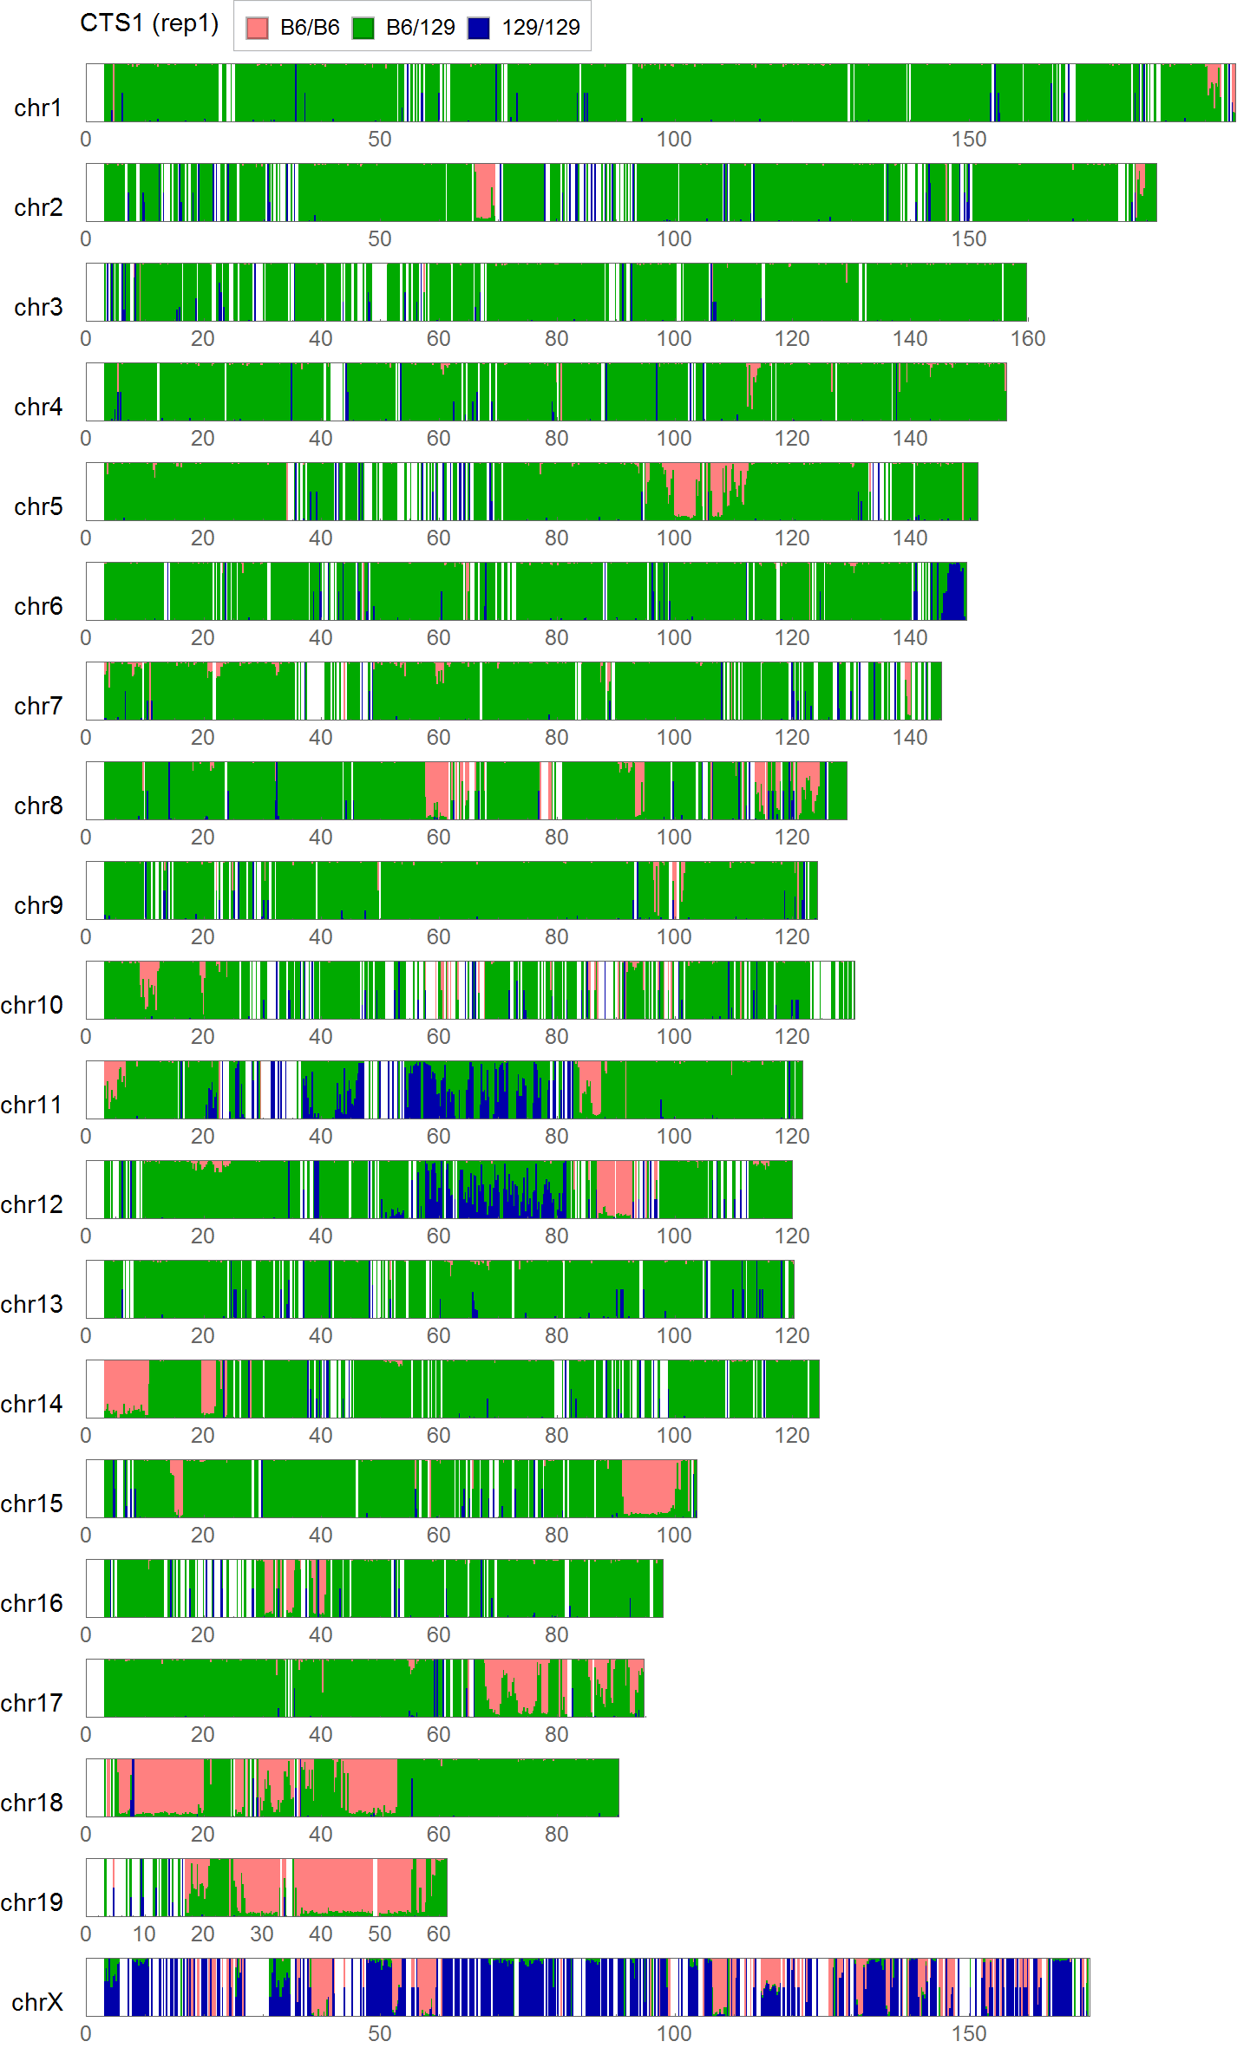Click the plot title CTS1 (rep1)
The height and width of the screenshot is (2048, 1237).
click(149, 23)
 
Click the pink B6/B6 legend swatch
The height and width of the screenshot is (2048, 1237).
click(258, 28)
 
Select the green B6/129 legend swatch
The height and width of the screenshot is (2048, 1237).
click(363, 28)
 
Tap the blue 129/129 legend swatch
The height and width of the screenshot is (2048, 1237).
click(479, 28)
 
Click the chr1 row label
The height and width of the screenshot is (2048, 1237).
click(38, 108)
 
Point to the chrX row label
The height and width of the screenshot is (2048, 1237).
click(38, 2002)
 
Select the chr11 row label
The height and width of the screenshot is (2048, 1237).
click(32, 1105)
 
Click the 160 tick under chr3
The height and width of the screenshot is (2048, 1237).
click(1028, 339)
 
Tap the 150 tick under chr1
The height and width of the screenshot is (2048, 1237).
click(969, 140)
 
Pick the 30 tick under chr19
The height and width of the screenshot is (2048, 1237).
click(262, 1934)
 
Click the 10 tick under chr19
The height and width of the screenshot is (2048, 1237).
click(144, 1934)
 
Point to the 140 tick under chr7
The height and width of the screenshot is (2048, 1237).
click(910, 738)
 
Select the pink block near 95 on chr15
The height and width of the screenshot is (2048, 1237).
click(651, 1484)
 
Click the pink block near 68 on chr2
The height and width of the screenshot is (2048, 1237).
click(484, 189)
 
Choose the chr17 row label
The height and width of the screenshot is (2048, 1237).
click(32, 1703)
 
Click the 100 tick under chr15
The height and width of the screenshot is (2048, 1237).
click(674, 1536)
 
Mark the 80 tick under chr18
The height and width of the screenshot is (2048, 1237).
click(557, 1835)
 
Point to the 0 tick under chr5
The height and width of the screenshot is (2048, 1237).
click(86, 538)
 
